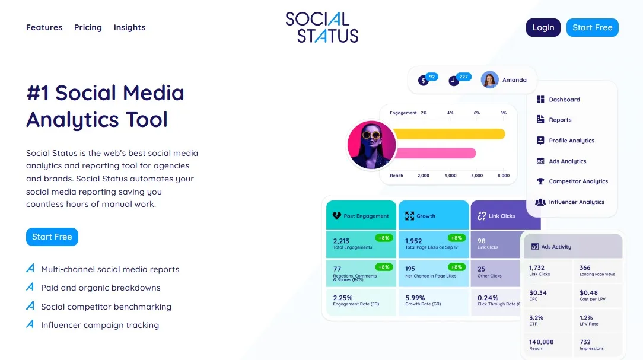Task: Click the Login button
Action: pyautogui.click(x=543, y=27)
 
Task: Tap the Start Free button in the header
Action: pyautogui.click(x=592, y=27)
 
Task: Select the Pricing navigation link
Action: pyautogui.click(x=88, y=27)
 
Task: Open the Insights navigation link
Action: pyautogui.click(x=129, y=27)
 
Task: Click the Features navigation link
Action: pyautogui.click(x=44, y=27)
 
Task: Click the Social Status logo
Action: pyautogui.click(x=321, y=27)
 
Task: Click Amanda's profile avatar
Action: pyautogui.click(x=489, y=79)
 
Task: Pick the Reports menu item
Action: pyautogui.click(x=559, y=120)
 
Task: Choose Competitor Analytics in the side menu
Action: pyautogui.click(x=578, y=181)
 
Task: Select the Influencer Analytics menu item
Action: pyautogui.click(x=576, y=202)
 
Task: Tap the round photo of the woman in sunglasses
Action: pyautogui.click(x=371, y=145)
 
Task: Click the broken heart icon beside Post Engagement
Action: pyautogui.click(x=336, y=216)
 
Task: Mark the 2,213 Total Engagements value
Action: pyautogui.click(x=342, y=241)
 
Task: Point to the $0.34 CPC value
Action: pyautogui.click(x=538, y=292)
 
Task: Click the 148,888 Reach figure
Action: pyautogui.click(x=541, y=342)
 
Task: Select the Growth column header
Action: pyautogui.click(x=425, y=216)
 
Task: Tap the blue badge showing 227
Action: pyautogui.click(x=464, y=77)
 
